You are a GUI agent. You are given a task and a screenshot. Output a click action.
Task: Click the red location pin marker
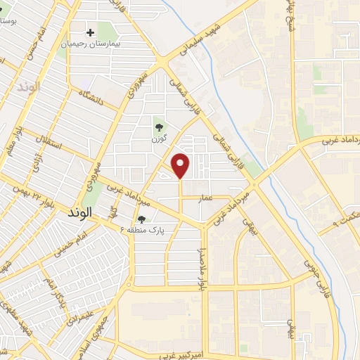click(181, 165)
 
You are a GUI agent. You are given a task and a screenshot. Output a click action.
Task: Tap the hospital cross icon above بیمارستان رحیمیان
click(90, 32)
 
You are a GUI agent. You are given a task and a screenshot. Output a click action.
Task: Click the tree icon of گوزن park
click(160, 127)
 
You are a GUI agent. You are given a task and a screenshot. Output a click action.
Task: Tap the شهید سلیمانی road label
click(212, 36)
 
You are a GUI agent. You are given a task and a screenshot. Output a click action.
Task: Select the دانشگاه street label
click(91, 98)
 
